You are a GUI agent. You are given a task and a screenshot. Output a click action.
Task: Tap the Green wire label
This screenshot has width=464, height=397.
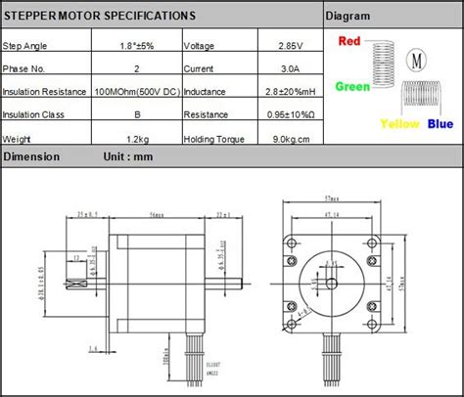click(x=353, y=86)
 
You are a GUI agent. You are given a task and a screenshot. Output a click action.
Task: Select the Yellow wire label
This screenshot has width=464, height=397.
click(x=399, y=124)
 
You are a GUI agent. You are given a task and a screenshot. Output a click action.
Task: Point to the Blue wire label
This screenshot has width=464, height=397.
click(x=440, y=124)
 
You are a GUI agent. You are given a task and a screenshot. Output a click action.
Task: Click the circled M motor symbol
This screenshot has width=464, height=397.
click(x=418, y=60)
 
